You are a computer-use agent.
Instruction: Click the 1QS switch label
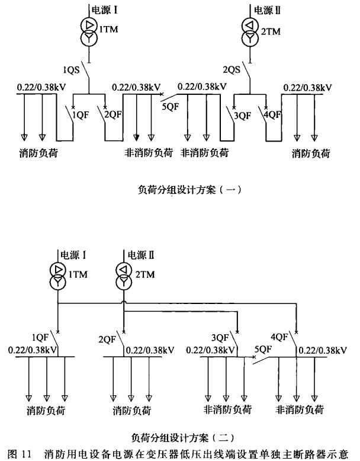point(71,70)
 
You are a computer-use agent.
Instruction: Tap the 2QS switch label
point(232,70)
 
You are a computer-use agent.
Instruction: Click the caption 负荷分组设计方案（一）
point(189,190)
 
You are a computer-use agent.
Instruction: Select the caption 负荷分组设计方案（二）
point(183,438)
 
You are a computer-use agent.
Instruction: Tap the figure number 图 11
point(20,454)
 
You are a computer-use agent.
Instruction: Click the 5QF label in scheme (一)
point(171,107)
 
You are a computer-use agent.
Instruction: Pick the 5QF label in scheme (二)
point(263,349)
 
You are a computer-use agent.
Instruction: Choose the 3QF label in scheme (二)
point(220,338)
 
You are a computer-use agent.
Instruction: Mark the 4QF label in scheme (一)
point(272,115)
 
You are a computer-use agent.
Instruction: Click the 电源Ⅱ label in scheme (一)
point(267,11)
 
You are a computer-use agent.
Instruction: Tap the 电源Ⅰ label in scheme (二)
point(73,255)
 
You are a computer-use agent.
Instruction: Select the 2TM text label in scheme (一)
point(271,31)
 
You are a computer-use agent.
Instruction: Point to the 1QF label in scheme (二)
point(40,337)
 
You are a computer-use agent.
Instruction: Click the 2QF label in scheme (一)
point(113,115)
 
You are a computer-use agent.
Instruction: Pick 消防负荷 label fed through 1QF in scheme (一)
point(38,153)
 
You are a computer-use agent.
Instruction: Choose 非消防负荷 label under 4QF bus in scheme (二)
point(300,409)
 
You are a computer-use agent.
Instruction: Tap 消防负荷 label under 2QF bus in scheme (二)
point(131,410)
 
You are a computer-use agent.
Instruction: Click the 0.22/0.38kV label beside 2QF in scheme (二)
point(150,350)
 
